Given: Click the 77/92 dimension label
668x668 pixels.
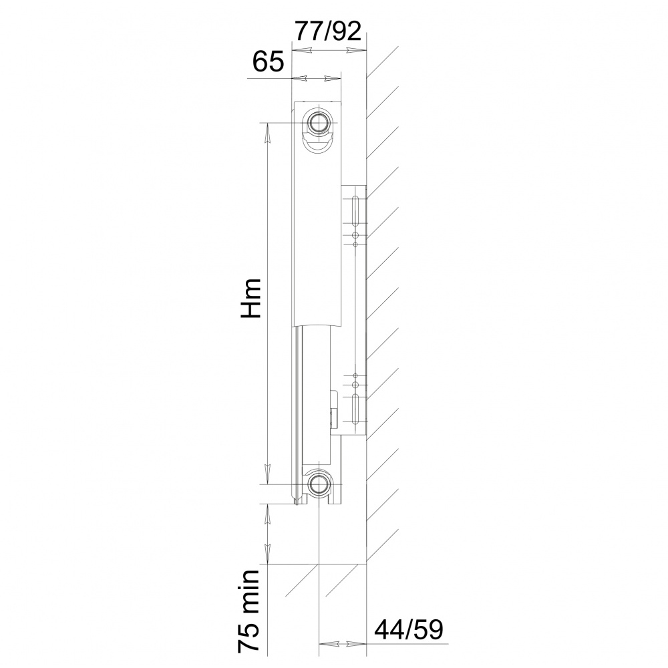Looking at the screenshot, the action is pos(329,31).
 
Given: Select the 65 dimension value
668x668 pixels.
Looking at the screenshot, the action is pos(268,61).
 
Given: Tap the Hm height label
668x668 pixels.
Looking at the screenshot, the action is pos(251,298).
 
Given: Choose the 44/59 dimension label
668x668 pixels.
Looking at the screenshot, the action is pos(409,630).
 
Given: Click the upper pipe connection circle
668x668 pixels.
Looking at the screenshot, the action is pos(318,123).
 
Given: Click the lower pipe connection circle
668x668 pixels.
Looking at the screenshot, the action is pos(318,484).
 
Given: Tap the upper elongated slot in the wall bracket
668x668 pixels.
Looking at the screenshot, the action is pos(355,212).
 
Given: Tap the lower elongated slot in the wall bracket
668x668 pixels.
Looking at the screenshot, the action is pos(355,410).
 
